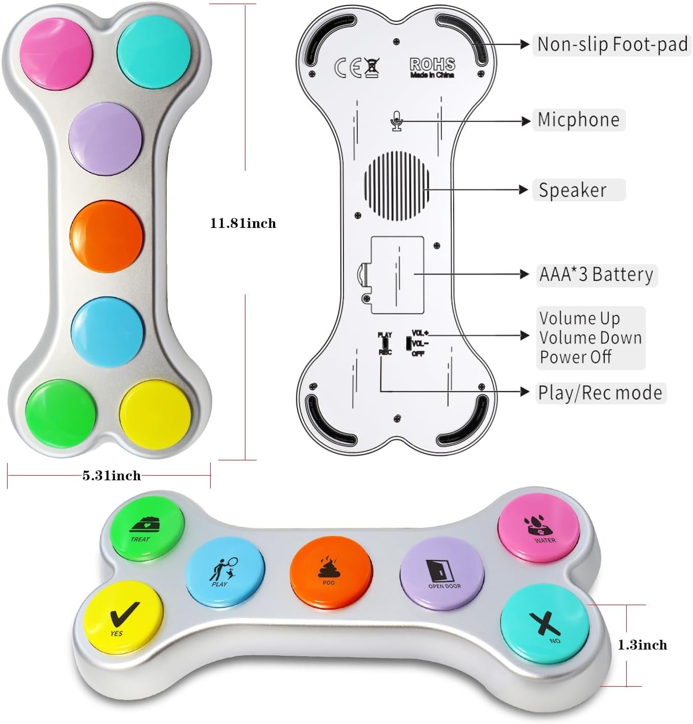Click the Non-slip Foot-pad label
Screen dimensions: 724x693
(x=612, y=44)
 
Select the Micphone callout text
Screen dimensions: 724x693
(x=578, y=120)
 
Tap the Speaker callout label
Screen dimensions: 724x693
(x=573, y=190)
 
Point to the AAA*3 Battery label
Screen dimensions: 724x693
(x=596, y=274)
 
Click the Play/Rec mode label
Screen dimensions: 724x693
(x=600, y=393)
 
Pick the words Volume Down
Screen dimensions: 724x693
(x=590, y=338)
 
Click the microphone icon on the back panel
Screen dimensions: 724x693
(x=397, y=121)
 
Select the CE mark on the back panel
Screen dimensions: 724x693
(x=349, y=68)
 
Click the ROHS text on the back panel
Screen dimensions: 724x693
(x=432, y=64)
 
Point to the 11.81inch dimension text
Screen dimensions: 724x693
(x=243, y=223)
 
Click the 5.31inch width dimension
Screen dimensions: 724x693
(x=111, y=476)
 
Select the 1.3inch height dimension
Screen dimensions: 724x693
(x=642, y=645)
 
